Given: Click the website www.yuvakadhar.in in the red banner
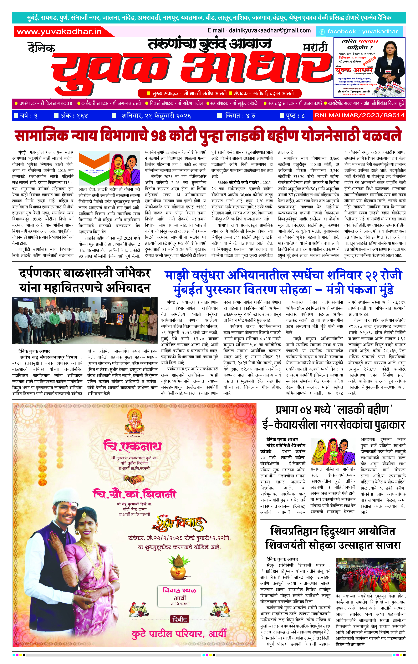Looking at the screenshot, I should click(59, 32).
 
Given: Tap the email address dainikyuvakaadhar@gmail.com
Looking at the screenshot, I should click(259, 31).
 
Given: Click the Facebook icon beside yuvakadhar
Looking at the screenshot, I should click(322, 32).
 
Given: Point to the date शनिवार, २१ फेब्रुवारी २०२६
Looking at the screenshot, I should click(156, 116).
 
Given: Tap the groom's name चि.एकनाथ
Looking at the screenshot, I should click(132, 446).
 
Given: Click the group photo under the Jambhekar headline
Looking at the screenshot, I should click(85, 320).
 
